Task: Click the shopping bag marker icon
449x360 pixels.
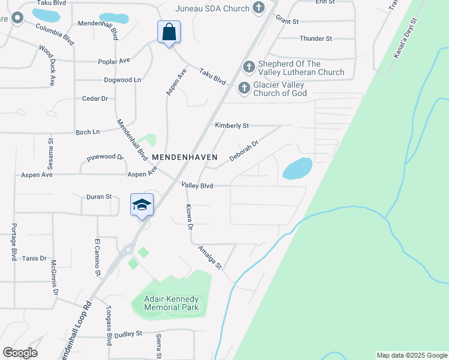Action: [169, 32]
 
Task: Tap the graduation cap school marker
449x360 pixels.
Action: [142, 205]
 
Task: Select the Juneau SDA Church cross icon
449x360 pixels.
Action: [258, 8]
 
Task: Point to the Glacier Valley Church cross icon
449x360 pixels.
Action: [244, 88]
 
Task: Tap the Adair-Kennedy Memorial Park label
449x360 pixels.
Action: [171, 302]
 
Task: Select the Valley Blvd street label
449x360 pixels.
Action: [198, 186]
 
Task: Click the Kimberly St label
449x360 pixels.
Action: [232, 125]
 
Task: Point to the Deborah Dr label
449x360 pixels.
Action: [244, 151]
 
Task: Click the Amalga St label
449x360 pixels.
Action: [211, 258]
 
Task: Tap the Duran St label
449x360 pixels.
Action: [99, 196]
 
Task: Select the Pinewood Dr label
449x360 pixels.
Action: [105, 158]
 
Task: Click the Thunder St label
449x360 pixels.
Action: [316, 38]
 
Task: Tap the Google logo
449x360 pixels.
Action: [20, 353]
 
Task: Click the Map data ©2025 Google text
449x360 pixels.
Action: [412, 355]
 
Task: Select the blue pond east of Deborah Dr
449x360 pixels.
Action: [297, 169]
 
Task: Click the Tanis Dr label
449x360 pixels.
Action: [34, 258]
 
